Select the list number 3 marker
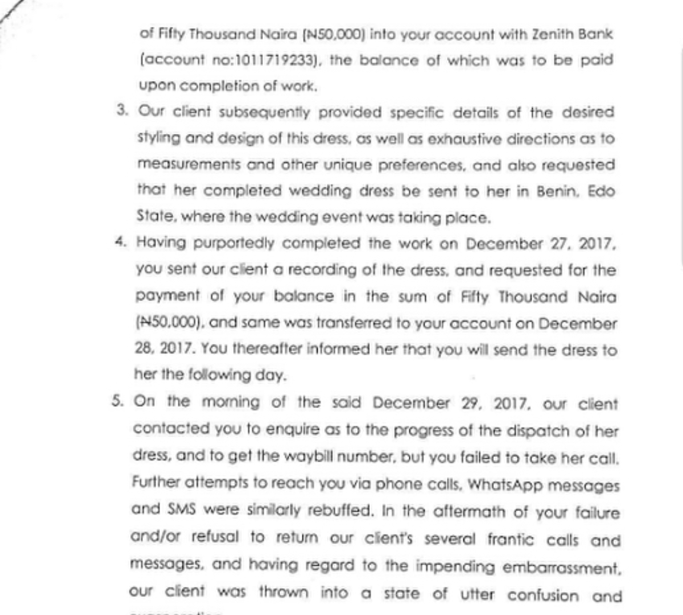pyautogui.click(x=121, y=111)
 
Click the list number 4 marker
pyautogui.click(x=120, y=242)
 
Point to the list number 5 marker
pyautogui.click(x=118, y=400)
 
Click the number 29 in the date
pyautogui.click(x=469, y=403)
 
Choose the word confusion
pyautogui.click(x=543, y=596)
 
